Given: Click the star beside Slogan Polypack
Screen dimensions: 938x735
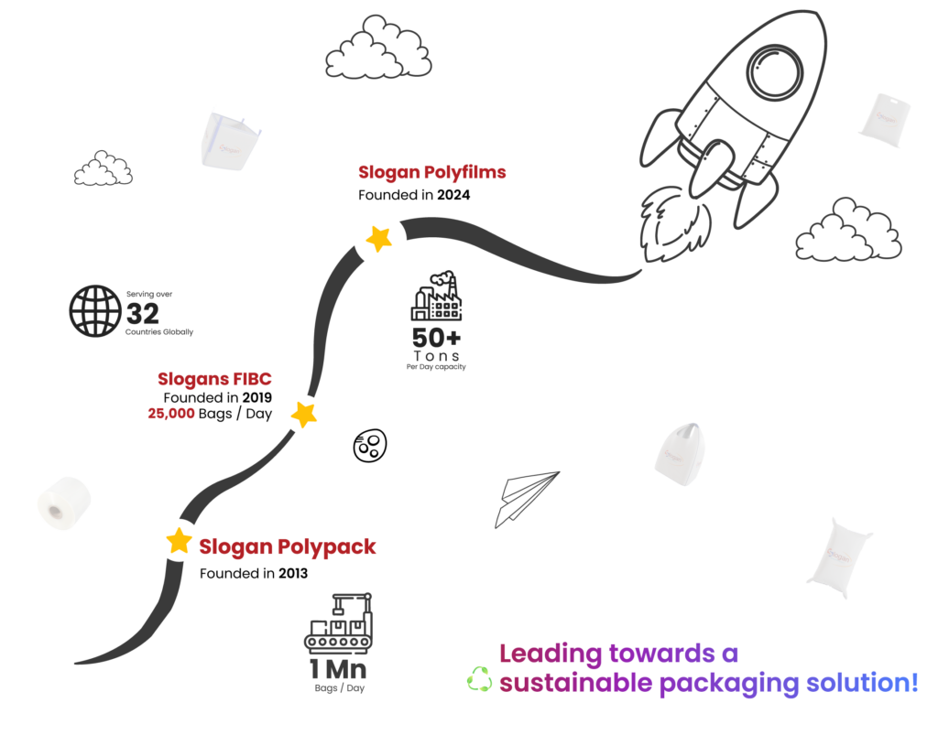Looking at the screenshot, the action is click(179, 541).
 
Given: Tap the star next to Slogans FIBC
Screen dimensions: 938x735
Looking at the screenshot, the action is click(304, 414).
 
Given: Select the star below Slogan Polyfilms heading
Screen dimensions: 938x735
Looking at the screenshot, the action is click(378, 239).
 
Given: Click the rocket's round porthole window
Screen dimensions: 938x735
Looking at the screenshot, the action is click(775, 70).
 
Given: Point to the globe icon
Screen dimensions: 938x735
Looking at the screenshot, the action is click(95, 310).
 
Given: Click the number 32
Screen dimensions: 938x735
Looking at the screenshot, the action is click(142, 314).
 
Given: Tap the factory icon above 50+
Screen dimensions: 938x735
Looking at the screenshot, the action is click(436, 296).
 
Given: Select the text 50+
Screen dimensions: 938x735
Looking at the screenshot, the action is click(436, 338).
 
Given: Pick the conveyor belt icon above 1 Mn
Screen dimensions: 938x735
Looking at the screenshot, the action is click(339, 622).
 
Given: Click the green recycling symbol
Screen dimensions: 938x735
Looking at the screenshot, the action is click(479, 679).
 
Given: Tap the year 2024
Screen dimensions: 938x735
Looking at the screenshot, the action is click(453, 195).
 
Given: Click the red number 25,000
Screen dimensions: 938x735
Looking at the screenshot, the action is click(171, 414).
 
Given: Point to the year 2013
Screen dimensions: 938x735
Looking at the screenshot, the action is click(293, 573).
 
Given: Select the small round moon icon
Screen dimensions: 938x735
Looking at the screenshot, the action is click(370, 445).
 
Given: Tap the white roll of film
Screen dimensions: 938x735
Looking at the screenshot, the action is click(64, 503).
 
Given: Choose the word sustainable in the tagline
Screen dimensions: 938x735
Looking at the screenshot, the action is click(575, 683).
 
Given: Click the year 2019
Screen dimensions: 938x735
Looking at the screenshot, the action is click(256, 397).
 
